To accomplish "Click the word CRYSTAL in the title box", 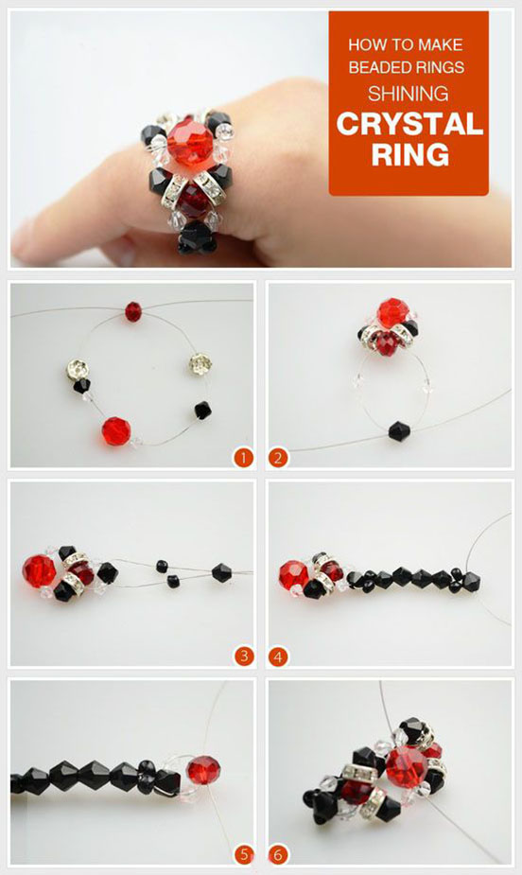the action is (409, 124).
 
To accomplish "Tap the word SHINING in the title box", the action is (408, 94).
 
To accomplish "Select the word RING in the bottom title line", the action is (409, 154).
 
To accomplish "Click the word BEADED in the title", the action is (374, 67).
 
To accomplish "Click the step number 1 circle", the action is (243, 458).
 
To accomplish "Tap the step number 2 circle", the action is (278, 458).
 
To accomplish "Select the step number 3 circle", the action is (243, 656).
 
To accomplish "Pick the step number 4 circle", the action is (278, 656).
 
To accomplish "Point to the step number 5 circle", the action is (243, 854).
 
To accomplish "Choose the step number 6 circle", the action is (278, 854).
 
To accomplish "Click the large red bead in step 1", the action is (116, 431).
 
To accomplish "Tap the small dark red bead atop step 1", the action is (133, 311).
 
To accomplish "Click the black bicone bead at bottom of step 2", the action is (399, 431).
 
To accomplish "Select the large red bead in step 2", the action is (392, 313).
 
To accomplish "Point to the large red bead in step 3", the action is (39, 570).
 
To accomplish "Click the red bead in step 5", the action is (203, 770).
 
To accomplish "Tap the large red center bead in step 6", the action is (406, 767).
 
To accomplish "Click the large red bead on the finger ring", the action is (187, 142).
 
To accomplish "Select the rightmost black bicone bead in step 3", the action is (221, 572).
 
